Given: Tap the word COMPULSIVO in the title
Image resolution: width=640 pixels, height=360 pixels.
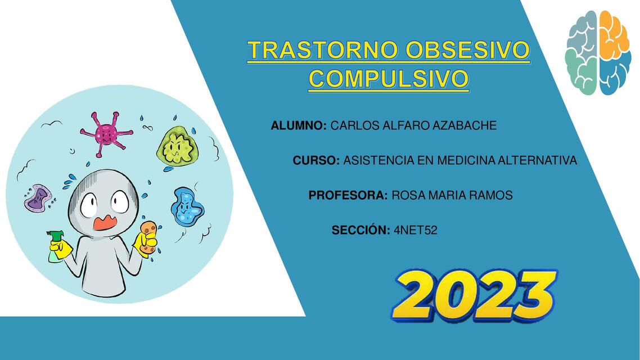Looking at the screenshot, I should pyautogui.click(x=388, y=78).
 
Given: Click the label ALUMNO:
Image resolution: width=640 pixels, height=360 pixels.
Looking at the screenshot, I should pyautogui.click(x=299, y=125).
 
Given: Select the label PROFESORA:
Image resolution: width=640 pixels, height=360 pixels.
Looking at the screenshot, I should pyautogui.click(x=348, y=195).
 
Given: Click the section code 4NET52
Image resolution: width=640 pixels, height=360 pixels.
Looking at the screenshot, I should pyautogui.click(x=416, y=230).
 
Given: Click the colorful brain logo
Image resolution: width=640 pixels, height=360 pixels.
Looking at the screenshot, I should pyautogui.click(x=597, y=52).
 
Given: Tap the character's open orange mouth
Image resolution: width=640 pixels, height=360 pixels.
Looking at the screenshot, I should pyautogui.click(x=105, y=223).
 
